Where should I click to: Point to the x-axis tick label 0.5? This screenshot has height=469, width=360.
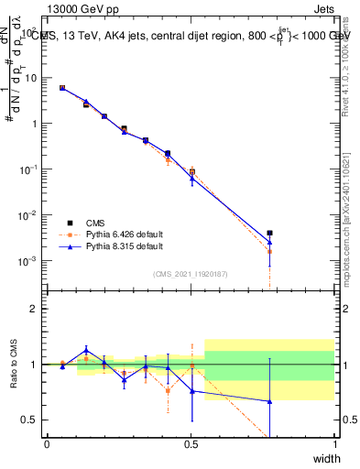[191, 444]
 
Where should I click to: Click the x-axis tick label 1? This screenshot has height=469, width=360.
[334, 444]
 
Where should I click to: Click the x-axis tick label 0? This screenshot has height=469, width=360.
[47, 444]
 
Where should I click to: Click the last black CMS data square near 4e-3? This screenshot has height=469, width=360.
[269, 234]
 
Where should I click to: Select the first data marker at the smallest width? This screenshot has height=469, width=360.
[62, 88]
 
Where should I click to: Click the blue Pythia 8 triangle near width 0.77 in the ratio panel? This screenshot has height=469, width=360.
[269, 401]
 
